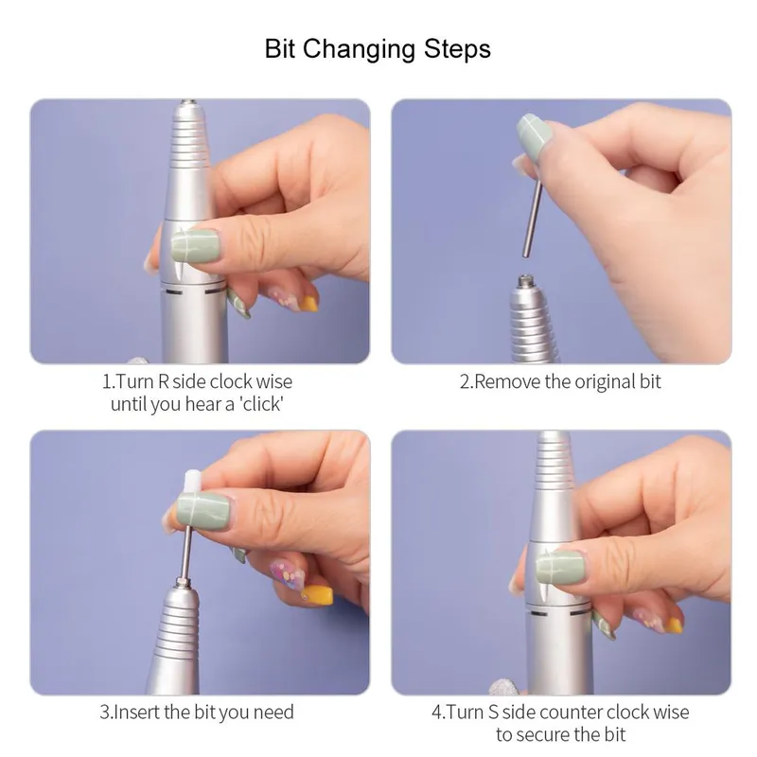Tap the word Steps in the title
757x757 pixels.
pyautogui.click(x=457, y=50)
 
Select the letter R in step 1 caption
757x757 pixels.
pyautogui.click(x=163, y=382)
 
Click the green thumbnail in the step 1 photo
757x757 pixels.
pyautogui.click(x=196, y=246)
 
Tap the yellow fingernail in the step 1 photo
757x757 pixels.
pyautogui.click(x=309, y=304)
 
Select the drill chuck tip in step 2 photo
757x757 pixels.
pyautogui.click(x=525, y=280)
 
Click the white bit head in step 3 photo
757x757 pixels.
pyautogui.click(x=192, y=482)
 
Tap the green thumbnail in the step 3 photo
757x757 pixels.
pyautogui.click(x=202, y=511)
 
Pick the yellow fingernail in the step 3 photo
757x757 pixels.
pyautogui.click(x=317, y=594)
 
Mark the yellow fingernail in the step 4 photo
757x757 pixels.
pyautogui.click(x=674, y=625)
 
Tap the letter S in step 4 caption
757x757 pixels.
pyautogui.click(x=493, y=713)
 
